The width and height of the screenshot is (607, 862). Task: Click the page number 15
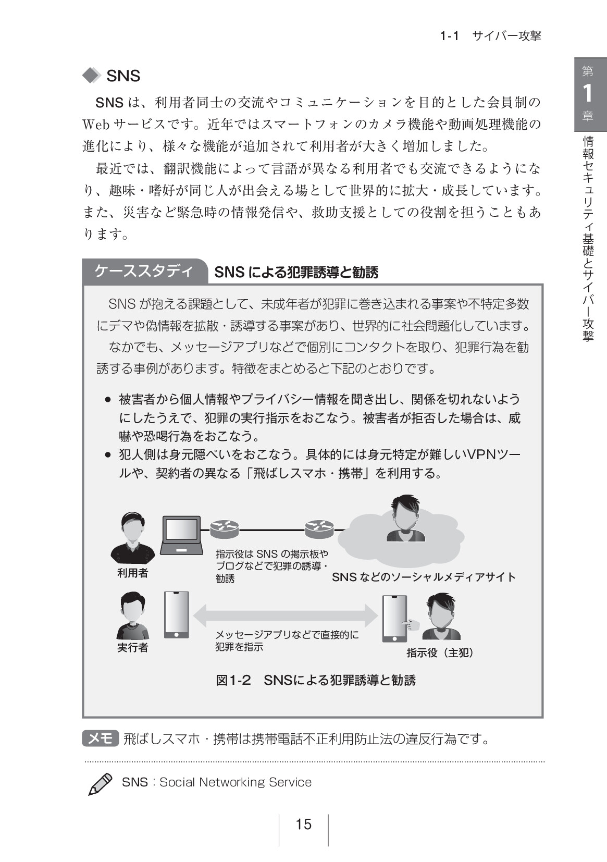(303, 824)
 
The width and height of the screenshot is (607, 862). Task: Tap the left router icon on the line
(224, 529)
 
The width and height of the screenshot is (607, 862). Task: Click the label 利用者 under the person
(132, 573)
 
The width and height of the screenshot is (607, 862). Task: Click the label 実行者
(132, 647)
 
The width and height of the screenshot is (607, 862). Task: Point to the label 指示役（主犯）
(440, 652)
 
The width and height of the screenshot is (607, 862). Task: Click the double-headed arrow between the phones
(286, 615)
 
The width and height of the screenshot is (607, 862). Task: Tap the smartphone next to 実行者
(177, 615)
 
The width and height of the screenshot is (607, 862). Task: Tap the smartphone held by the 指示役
(394, 619)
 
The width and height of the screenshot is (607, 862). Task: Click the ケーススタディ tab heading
(144, 271)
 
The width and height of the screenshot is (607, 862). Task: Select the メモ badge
(101, 738)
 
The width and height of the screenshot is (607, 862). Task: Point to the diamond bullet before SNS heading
(92, 76)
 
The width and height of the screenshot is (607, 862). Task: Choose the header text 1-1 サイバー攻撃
(490, 35)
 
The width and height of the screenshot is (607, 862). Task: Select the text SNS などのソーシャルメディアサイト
(424, 577)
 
